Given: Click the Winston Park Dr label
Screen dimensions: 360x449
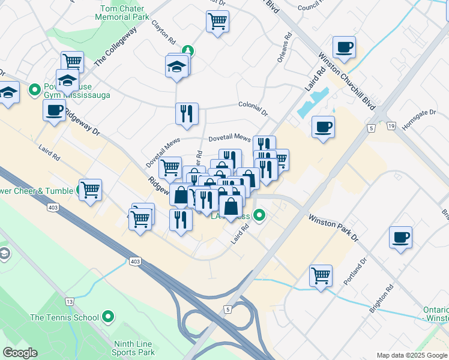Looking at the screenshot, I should pos(333,229).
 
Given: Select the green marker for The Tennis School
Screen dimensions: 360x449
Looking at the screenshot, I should pos(109,316).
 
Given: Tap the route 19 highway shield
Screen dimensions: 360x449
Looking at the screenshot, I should pos(391,127).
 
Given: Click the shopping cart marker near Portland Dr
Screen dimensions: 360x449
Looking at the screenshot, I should pos(321,276).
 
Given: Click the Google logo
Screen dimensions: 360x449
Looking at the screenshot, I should pos(20,353).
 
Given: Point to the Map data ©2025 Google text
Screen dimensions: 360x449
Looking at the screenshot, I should pos(412,355).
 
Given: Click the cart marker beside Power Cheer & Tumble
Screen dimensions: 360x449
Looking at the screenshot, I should pos(90,190).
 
